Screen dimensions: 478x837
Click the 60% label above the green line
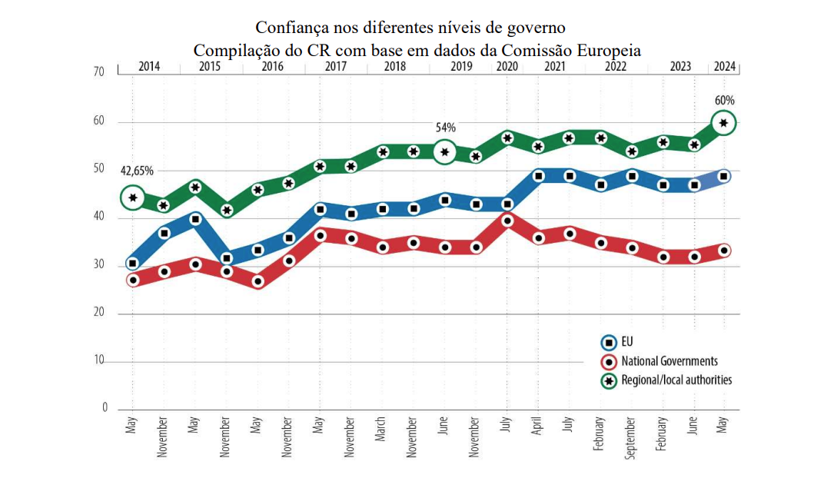[x=724, y=101]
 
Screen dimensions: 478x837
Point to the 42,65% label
[x=137, y=171]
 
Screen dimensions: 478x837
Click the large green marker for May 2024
[x=723, y=122]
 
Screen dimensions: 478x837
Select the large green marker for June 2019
[x=443, y=152]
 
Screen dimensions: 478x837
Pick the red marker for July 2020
[x=507, y=221]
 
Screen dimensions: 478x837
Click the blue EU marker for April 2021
[x=539, y=176]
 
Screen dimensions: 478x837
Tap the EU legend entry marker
[x=608, y=343]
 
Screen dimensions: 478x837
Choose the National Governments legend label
[x=669, y=361]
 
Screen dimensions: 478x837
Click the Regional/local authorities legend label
[x=676, y=380]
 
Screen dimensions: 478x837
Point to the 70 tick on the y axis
[x=98, y=72]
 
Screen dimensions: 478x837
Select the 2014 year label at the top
[x=149, y=66]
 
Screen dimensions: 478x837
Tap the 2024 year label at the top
[x=725, y=66]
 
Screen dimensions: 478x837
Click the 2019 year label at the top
[x=461, y=66]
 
